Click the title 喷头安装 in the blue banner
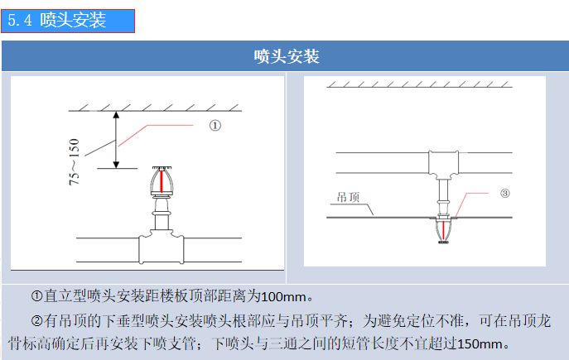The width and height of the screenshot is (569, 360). point(286,56)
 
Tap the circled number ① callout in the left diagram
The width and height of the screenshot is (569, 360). point(214,126)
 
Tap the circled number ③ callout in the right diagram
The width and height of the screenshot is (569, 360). point(504,193)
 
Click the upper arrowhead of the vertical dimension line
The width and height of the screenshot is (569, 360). point(117,115)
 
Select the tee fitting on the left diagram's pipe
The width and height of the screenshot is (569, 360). point(161,246)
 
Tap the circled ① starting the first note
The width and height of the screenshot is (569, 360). point(37,295)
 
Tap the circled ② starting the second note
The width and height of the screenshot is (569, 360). point(37,319)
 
